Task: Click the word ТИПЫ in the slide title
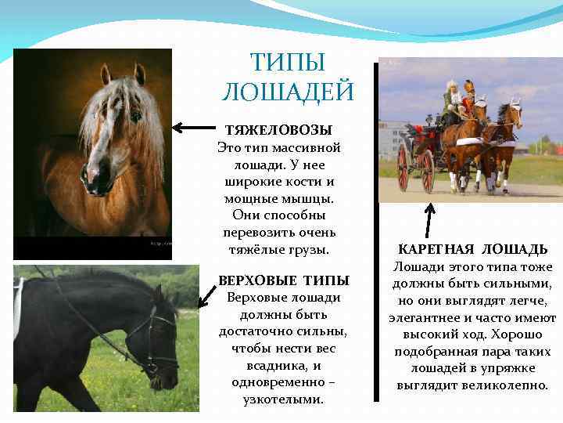click(x=288, y=62)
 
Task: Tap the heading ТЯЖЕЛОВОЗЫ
click(x=278, y=130)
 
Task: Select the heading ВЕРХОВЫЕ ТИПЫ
click(x=284, y=280)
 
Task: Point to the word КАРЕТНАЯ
click(x=432, y=250)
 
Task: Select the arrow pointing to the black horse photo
click(x=207, y=295)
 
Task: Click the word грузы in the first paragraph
click(x=310, y=251)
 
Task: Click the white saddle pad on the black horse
click(x=18, y=305)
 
